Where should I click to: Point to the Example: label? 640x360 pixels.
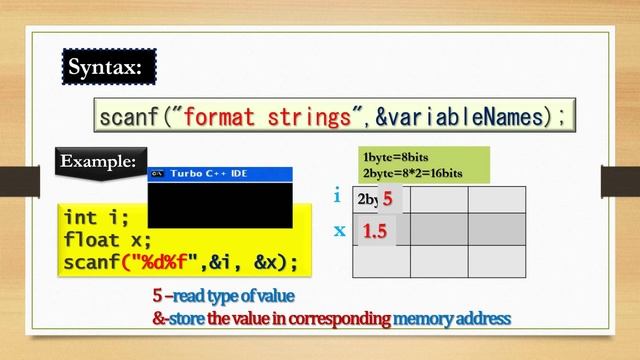point(100,160)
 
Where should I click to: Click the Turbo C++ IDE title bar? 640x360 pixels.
point(219,173)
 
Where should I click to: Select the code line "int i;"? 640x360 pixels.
point(96,217)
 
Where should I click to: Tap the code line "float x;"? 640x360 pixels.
point(107,240)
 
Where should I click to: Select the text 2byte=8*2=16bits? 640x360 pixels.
point(412,172)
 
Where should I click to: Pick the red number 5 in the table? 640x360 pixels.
point(387,199)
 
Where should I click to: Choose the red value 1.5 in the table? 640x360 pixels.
point(375,232)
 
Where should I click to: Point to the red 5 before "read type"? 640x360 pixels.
point(157,297)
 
